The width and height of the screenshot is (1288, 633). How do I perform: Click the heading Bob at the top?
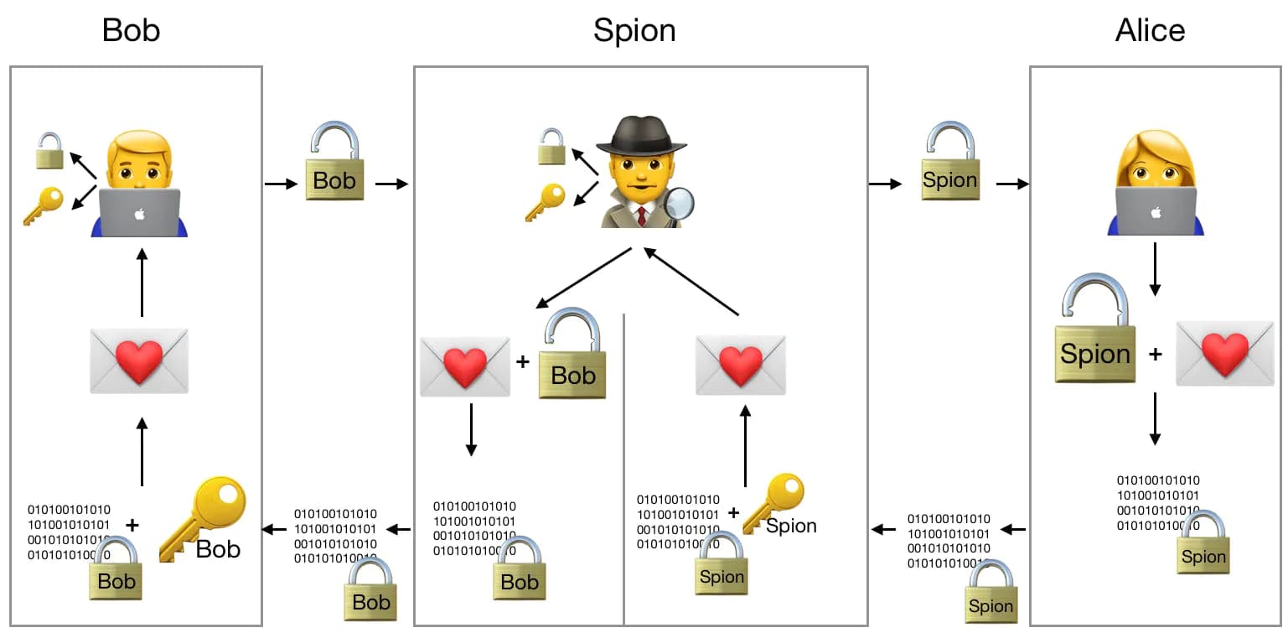(131, 31)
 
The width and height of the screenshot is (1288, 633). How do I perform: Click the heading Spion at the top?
(634, 31)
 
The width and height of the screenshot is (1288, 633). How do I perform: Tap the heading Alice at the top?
(1150, 31)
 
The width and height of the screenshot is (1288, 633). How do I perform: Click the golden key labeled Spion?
(774, 501)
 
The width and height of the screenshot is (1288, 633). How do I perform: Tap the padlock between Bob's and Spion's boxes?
(334, 163)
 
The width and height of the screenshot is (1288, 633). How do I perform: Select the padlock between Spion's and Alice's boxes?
(949, 163)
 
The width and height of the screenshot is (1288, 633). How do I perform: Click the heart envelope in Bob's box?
(139, 361)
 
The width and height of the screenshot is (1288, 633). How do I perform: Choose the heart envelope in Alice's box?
(1225, 353)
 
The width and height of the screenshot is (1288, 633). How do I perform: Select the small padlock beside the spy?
(551, 147)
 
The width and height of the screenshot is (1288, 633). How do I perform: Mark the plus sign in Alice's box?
(1155, 355)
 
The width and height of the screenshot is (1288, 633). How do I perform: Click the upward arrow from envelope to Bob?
(142, 282)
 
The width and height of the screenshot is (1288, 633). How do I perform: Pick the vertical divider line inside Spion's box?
(623, 470)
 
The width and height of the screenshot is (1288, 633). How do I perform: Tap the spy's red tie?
(641, 216)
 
